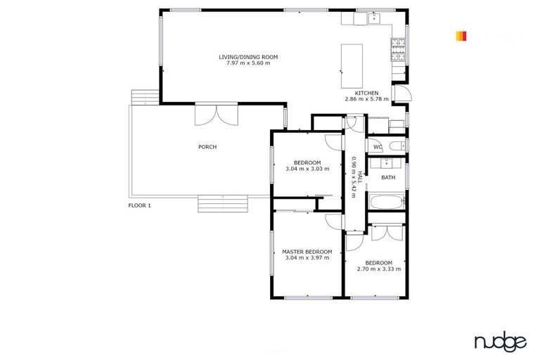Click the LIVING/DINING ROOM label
248,57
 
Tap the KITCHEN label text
366,94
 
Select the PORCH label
207,147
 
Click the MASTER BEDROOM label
307,252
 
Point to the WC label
377,147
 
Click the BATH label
387,177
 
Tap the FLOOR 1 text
139,205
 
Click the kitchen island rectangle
352,59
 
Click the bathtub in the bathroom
383,204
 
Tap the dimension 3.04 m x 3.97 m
307,258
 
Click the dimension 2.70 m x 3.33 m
378,269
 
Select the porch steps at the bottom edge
224,203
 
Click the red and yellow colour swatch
461,35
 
